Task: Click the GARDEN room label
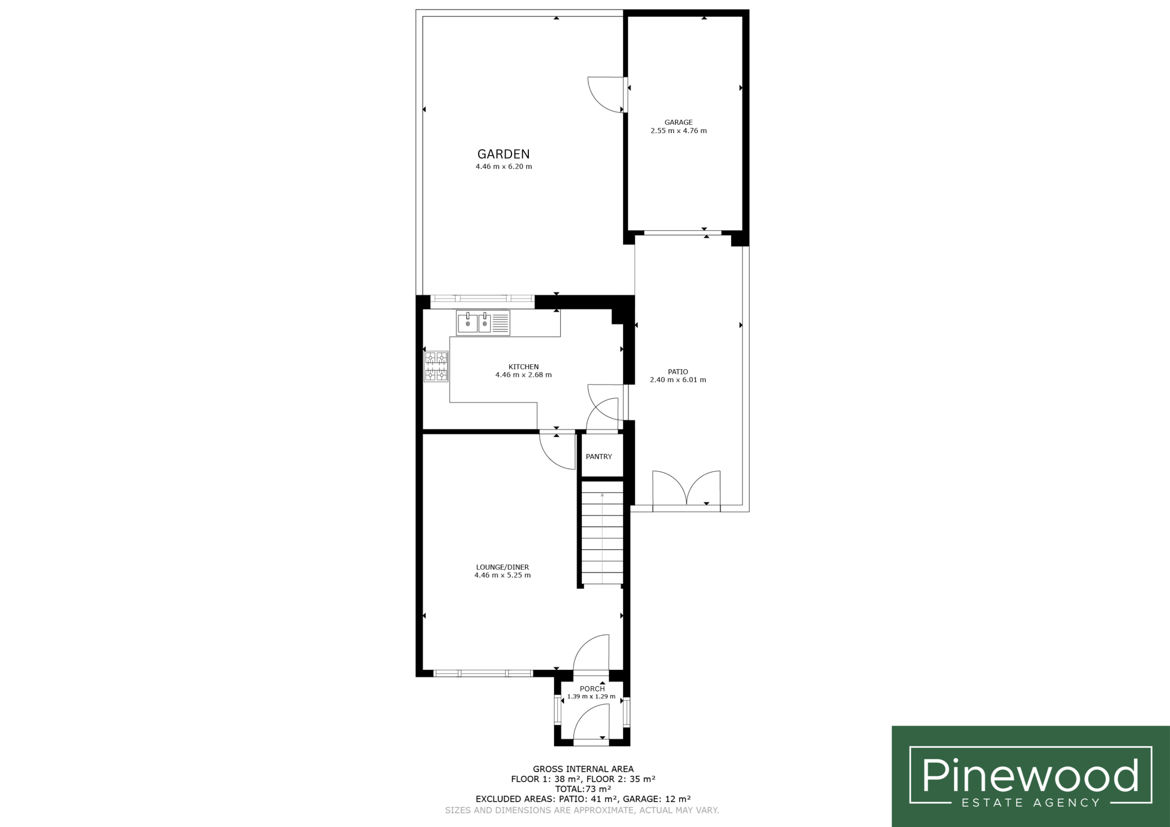click(504, 154)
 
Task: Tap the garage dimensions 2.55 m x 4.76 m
click(678, 130)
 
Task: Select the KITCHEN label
click(523, 367)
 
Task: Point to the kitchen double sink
click(483, 323)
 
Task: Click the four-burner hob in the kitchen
click(436, 366)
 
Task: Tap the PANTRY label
click(599, 456)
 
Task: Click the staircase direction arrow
click(602, 538)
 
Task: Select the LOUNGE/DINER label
click(502, 567)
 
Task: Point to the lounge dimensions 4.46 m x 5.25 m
click(502, 575)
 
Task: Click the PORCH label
click(592, 689)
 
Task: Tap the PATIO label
click(678, 372)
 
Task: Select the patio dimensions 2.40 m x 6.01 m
click(678, 380)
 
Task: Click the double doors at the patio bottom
click(686, 490)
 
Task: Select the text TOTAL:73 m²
click(584, 789)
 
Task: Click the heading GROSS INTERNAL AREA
click(584, 769)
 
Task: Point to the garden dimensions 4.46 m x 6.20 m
click(504, 167)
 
